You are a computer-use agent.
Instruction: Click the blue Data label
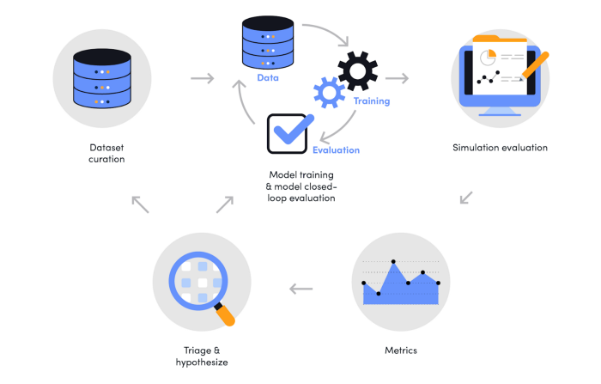pyautogui.click(x=268, y=78)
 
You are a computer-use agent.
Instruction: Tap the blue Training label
pyautogui.click(x=372, y=101)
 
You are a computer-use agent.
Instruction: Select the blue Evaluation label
pyautogui.click(x=337, y=150)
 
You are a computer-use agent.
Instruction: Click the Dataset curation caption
pyautogui.click(x=106, y=153)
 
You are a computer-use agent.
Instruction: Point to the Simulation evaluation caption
pyautogui.click(x=500, y=148)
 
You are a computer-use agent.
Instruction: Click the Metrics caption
pyautogui.click(x=401, y=350)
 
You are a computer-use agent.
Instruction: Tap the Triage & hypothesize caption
pyautogui.click(x=202, y=356)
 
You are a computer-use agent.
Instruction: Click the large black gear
pyautogui.click(x=358, y=71)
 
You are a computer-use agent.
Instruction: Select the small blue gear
pyautogui.click(x=329, y=93)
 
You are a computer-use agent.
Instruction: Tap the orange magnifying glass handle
pyautogui.click(x=225, y=314)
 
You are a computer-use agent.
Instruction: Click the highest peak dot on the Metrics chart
pyautogui.click(x=393, y=262)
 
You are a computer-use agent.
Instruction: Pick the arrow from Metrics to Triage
pyautogui.click(x=300, y=289)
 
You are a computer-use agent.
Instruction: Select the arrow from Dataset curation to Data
pyautogui.click(x=203, y=78)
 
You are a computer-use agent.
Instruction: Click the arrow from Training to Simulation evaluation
pyautogui.click(x=397, y=78)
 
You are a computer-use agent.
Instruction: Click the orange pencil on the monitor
pyautogui.click(x=535, y=66)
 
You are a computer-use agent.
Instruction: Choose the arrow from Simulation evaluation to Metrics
pyautogui.click(x=466, y=198)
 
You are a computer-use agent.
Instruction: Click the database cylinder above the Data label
pyautogui.click(x=268, y=42)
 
